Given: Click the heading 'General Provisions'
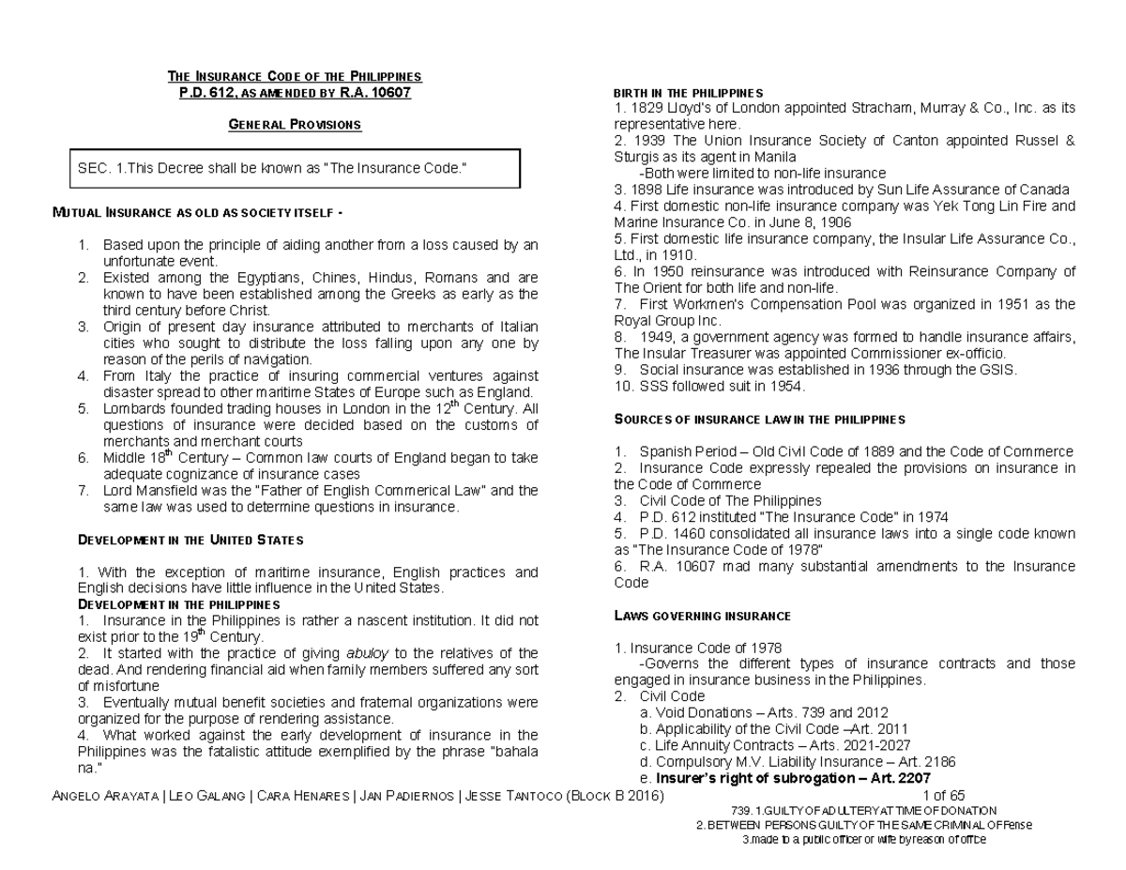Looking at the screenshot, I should (295, 125).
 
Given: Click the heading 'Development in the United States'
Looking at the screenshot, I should (190, 541).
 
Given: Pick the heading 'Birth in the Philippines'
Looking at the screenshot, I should (688, 93).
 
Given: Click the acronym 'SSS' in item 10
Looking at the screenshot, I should (658, 385).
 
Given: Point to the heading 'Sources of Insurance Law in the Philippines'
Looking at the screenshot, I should (759, 419).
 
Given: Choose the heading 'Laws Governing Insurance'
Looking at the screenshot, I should (702, 617).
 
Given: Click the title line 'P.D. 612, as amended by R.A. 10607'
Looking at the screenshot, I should (295, 93).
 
